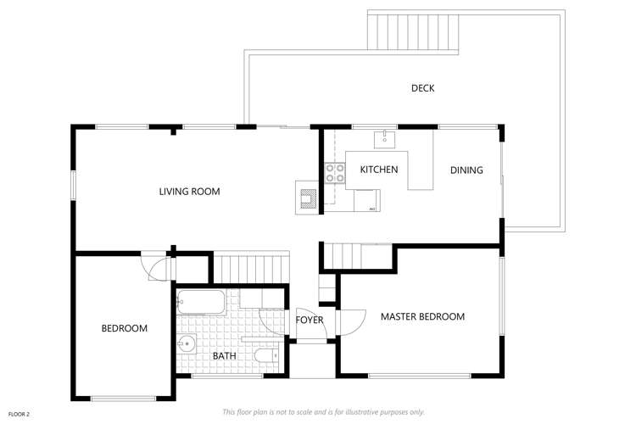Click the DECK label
(x=422, y=88)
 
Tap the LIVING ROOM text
(x=189, y=192)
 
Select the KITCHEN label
(x=378, y=170)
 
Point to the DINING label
(x=466, y=170)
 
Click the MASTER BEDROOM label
(x=422, y=316)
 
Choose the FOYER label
(x=309, y=320)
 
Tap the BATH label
(x=224, y=355)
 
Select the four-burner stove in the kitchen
(x=335, y=173)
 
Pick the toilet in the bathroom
(x=266, y=358)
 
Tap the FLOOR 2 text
(x=19, y=414)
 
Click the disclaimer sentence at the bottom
(x=323, y=412)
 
